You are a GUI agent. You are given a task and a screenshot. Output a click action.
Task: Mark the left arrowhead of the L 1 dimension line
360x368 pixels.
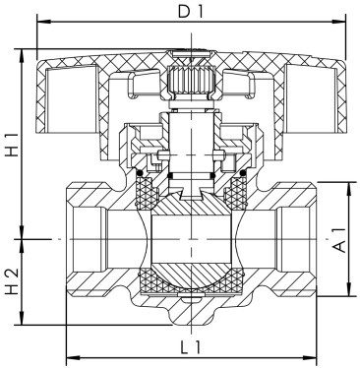point(68,356)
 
